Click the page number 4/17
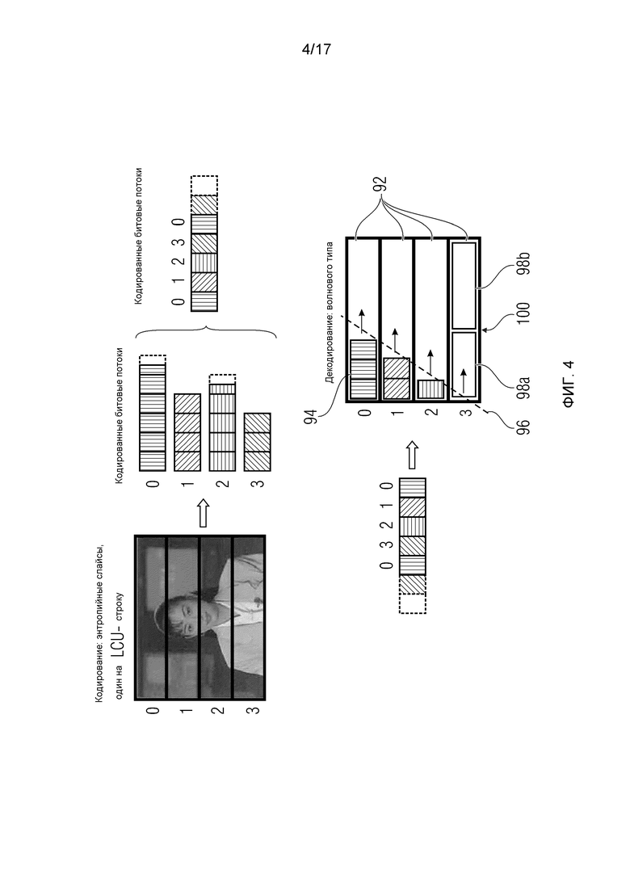pyautogui.click(x=316, y=49)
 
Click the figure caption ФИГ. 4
pyautogui.click(x=568, y=384)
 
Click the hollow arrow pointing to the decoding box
pyautogui.click(x=413, y=454)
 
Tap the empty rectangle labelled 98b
pyautogui.click(x=463, y=286)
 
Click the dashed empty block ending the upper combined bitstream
pyautogui.click(x=204, y=186)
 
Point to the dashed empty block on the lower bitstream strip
pyautogui.click(x=413, y=604)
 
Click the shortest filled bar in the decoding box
pyautogui.click(x=430, y=389)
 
